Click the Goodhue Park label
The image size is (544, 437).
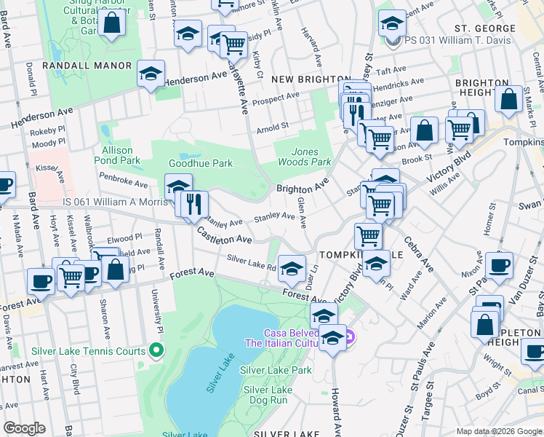point(201,163)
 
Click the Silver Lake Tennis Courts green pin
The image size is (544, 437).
point(154,351)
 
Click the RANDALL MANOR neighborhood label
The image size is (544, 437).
point(87,66)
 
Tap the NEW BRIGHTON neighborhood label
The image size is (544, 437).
point(311,79)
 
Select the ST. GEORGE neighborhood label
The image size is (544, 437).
point(484,28)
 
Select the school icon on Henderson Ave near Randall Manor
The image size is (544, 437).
point(151,74)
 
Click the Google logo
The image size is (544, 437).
point(25,428)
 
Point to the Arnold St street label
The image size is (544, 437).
point(273,129)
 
